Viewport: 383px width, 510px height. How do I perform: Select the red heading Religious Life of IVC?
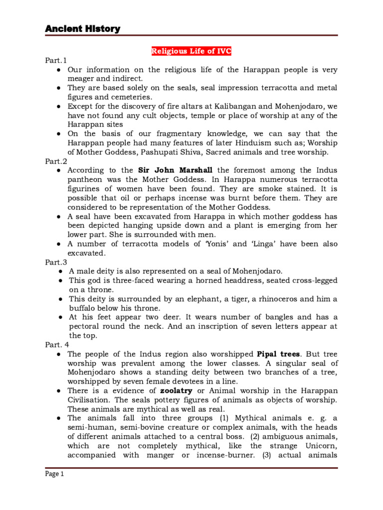pos(191,51)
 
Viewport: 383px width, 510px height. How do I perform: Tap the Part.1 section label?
pos(55,61)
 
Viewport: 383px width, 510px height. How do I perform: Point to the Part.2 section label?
pos(55,161)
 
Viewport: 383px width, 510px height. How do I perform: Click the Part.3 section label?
pos(55,262)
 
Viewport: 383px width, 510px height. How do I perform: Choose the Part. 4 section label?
pos(56,345)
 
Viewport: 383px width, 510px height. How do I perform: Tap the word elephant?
pos(194,299)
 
